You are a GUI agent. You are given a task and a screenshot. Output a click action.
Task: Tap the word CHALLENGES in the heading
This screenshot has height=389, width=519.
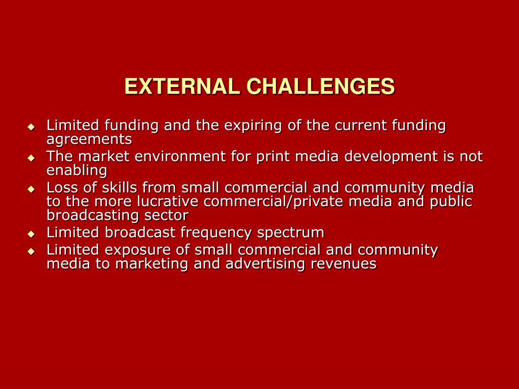(x=320, y=87)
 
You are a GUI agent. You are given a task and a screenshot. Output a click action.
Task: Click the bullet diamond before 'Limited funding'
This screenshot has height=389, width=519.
(x=31, y=127)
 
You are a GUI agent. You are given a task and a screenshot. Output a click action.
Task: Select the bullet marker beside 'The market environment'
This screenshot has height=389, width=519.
(x=31, y=158)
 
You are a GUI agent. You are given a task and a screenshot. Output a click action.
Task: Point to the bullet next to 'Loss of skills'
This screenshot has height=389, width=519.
(x=31, y=189)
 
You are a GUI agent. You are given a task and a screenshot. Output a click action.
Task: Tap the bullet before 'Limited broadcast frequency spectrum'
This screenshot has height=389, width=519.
(x=31, y=234)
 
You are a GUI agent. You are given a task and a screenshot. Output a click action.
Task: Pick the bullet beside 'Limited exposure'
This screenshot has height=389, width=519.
(x=31, y=251)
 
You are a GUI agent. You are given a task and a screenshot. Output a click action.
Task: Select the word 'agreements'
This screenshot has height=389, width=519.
(x=89, y=139)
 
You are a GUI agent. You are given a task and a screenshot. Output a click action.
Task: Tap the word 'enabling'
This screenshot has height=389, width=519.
(x=77, y=170)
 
